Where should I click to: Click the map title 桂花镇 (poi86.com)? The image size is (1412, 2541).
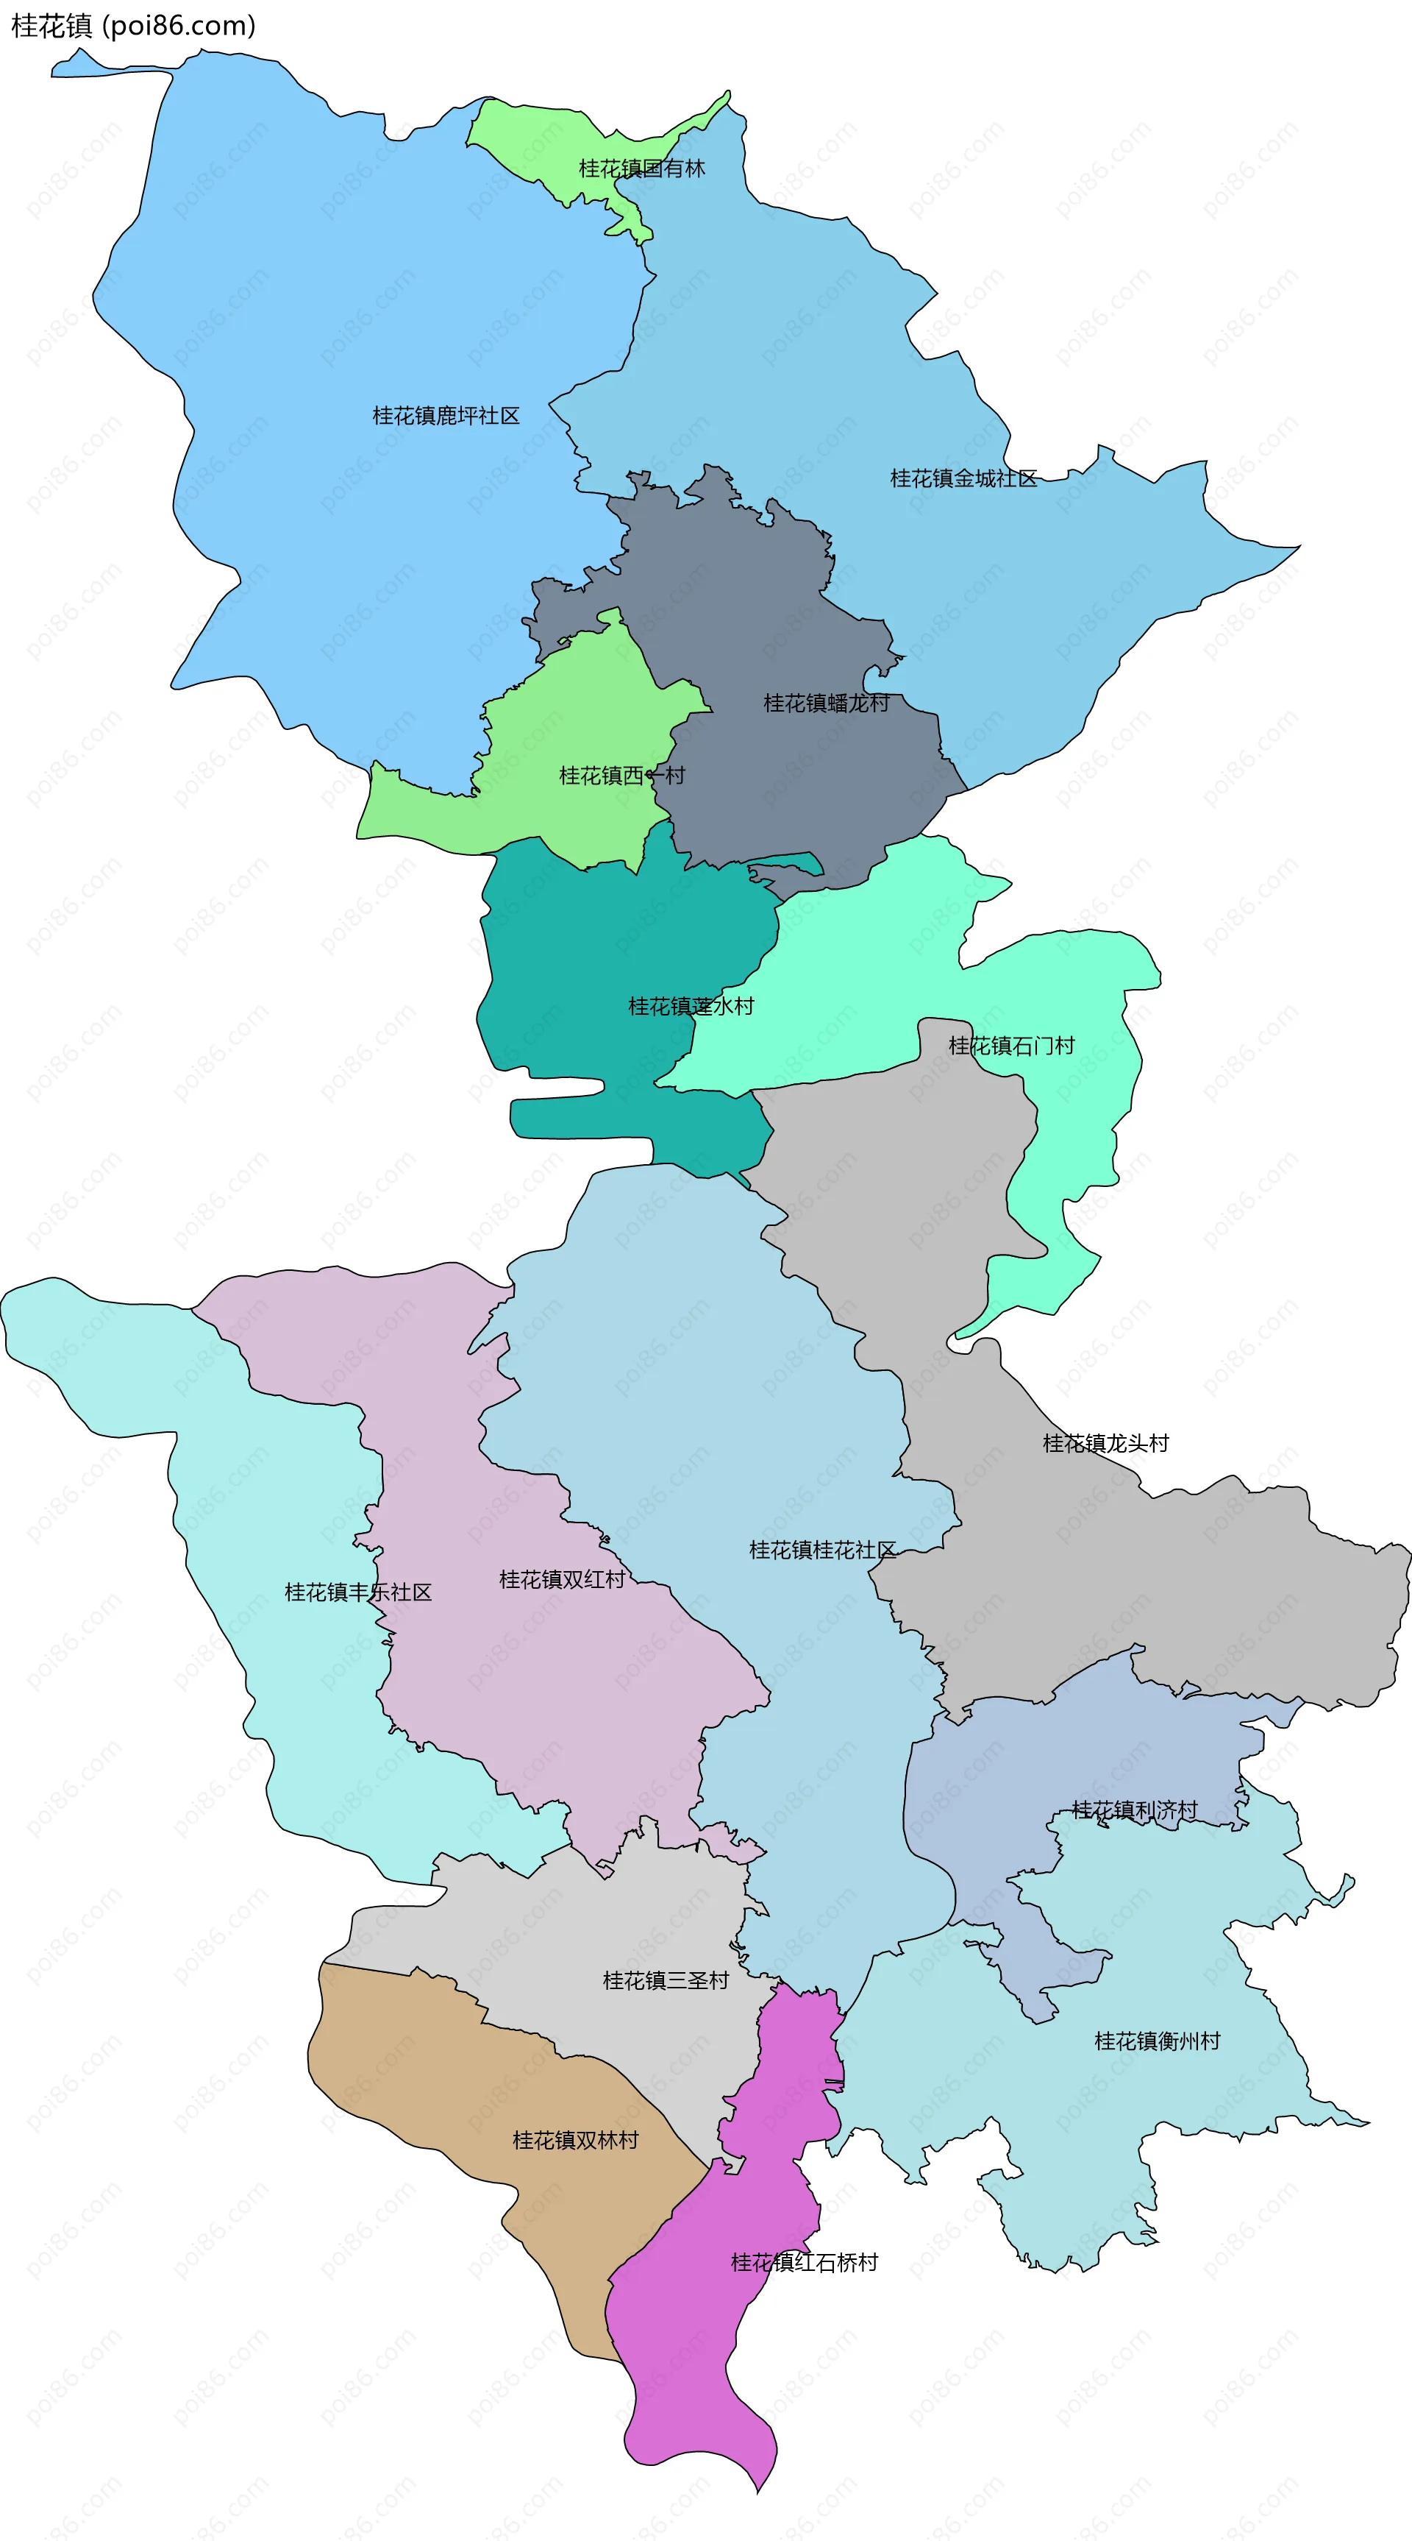[133, 26]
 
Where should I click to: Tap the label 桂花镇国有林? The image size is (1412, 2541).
[642, 169]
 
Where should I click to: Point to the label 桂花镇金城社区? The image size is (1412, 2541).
[963, 478]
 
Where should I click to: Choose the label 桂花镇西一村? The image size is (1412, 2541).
[621, 776]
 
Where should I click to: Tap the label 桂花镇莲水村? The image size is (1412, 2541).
[691, 1006]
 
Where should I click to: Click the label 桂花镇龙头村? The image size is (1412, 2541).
[1105, 1443]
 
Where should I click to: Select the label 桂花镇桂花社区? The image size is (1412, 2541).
[822, 1550]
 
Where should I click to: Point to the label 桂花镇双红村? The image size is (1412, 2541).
[562, 1579]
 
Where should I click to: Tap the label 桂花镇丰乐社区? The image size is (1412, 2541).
[358, 1592]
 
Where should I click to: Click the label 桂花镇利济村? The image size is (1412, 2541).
[1134, 1810]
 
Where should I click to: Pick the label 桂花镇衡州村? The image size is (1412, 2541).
[1157, 2041]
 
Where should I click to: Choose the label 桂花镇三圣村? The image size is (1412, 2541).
[666, 1981]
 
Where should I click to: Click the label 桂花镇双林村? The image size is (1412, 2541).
[575, 2139]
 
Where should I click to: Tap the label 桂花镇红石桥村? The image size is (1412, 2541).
[804, 2262]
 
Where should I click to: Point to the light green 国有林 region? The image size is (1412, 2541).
[532, 138]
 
